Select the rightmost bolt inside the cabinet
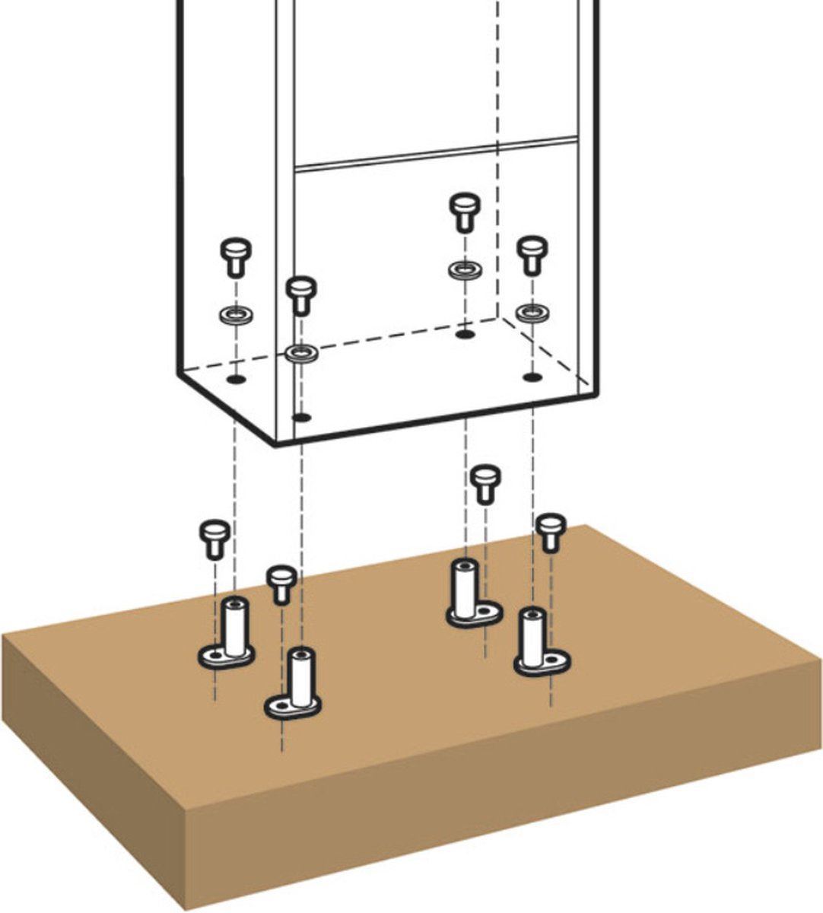[x=531, y=255]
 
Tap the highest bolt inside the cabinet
[x=462, y=211]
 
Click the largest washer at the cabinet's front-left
[x=302, y=352]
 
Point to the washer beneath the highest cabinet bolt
[x=462, y=269]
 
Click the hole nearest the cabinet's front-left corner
[x=302, y=417]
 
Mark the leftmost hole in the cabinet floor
[x=237, y=378]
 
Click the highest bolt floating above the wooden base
[x=485, y=483]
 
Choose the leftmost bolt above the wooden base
[x=214, y=537]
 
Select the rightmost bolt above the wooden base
[x=549, y=531]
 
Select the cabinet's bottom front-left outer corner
[x=275, y=444]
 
